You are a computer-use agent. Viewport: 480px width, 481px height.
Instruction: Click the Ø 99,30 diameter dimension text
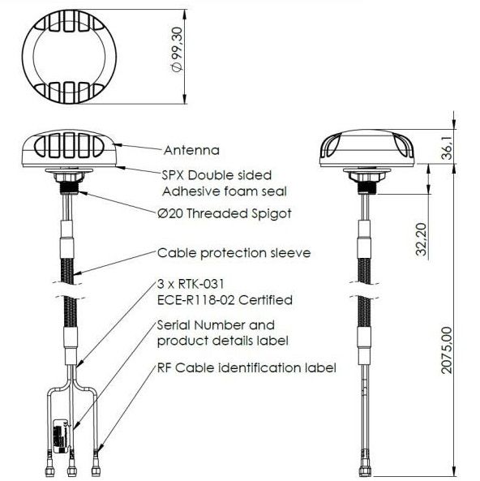click(x=178, y=49)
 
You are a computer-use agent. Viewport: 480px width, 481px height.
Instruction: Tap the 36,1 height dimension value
click(x=448, y=148)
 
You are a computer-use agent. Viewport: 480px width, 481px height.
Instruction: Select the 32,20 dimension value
click(x=421, y=239)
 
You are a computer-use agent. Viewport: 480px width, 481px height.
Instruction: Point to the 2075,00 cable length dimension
click(x=447, y=350)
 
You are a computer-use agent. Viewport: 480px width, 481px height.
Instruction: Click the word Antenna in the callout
click(x=191, y=150)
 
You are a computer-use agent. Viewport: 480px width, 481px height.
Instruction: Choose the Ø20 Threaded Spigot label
click(x=225, y=213)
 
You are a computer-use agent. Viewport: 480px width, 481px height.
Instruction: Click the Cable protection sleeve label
click(x=234, y=253)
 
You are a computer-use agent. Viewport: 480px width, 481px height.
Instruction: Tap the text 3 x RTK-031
click(x=191, y=284)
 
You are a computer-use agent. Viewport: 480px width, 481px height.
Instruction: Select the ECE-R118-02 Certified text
click(x=225, y=299)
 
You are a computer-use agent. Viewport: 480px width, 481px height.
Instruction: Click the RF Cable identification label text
click(x=246, y=367)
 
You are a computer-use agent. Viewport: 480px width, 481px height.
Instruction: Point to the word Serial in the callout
click(x=174, y=325)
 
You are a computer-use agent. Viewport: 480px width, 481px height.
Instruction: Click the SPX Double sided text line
click(x=216, y=175)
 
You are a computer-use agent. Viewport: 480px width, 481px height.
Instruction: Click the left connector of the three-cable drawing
click(x=49, y=464)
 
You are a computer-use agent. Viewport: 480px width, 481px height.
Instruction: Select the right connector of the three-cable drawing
click(x=96, y=464)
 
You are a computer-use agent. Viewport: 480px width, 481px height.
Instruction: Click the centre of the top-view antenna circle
click(x=69, y=57)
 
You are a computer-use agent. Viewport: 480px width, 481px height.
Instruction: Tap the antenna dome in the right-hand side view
click(x=366, y=148)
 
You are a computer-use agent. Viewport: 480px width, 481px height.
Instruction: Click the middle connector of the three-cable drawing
click(x=72, y=464)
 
